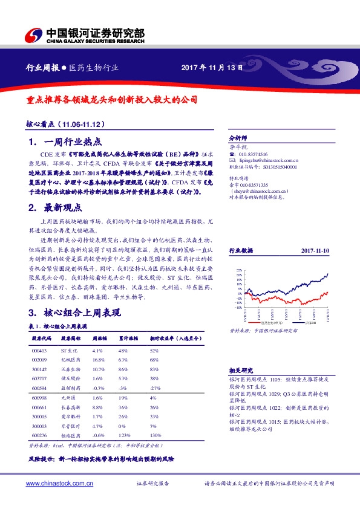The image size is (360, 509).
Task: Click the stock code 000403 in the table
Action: [x=39, y=351]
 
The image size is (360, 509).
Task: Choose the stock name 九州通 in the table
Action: [x=67, y=398]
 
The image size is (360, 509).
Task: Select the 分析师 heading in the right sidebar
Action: [x=238, y=137]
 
